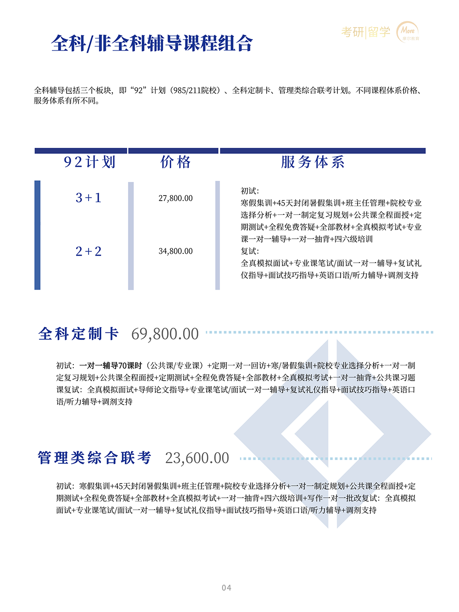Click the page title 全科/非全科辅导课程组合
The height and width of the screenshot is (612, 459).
pos(152,44)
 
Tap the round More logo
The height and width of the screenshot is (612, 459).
pos(408,32)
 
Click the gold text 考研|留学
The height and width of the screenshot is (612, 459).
pos(366,32)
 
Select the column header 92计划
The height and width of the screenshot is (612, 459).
pos(90,162)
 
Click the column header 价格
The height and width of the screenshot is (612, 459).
pos(175,162)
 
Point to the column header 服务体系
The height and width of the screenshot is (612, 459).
pos(313,162)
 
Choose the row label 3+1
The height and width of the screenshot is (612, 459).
pos(89,198)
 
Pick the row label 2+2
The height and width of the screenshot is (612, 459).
pos(89,252)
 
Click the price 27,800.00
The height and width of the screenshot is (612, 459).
pos(175,198)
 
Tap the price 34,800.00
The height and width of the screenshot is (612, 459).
pos(175,252)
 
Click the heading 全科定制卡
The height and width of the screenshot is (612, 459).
pos(78,334)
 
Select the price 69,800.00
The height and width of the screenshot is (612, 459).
pos(165,334)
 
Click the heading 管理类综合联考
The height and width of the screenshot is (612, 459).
pos(95,458)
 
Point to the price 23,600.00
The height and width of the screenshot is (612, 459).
pos(197,458)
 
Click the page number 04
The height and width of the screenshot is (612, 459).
pos(226,588)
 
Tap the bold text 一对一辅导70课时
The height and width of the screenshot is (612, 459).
pos(111,366)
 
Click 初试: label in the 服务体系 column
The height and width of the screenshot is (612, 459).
pos(250,191)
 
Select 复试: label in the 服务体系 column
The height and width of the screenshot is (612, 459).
pos(250,251)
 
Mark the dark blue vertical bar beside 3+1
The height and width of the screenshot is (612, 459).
pos(38,235)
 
